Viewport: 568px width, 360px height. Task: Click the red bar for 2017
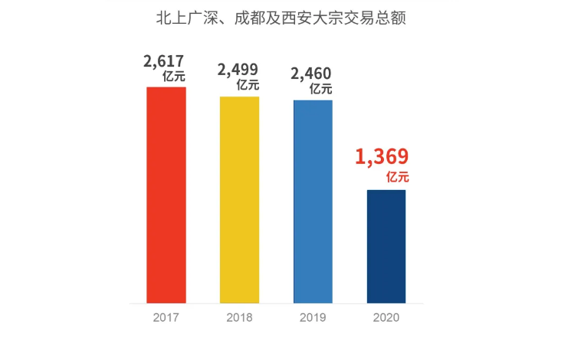166,195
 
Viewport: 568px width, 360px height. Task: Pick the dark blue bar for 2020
386,246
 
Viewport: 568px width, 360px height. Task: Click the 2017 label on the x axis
166,316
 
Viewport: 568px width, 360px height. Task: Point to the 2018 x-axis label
239,316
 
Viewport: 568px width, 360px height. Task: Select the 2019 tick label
313,316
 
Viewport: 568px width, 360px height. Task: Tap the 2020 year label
386,316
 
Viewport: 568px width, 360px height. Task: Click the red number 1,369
382,157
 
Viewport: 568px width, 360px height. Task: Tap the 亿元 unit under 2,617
174,77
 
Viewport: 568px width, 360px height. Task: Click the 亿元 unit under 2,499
248,86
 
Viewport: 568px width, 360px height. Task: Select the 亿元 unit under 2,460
320,88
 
